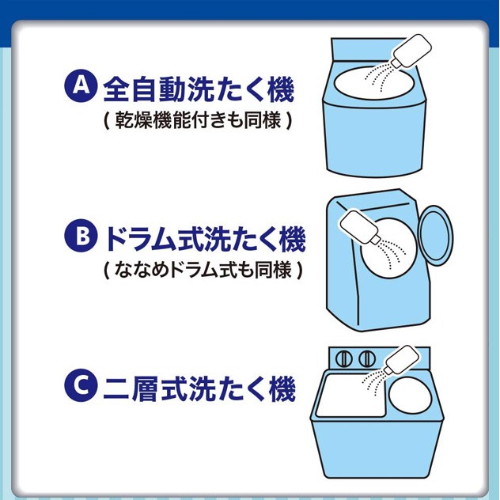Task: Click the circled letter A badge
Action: pos(81,85)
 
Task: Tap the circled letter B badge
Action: pos(81,235)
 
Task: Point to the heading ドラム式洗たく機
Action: pos(204,239)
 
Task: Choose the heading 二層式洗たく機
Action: pos(199,388)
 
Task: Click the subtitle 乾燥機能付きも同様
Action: pos(198,120)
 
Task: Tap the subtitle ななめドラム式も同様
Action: pos(203,270)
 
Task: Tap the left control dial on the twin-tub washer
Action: pos(345,359)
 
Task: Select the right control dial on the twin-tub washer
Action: pos(367,359)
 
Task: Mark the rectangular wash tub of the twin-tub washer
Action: pos(350,396)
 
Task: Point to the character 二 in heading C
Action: pos(116,389)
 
